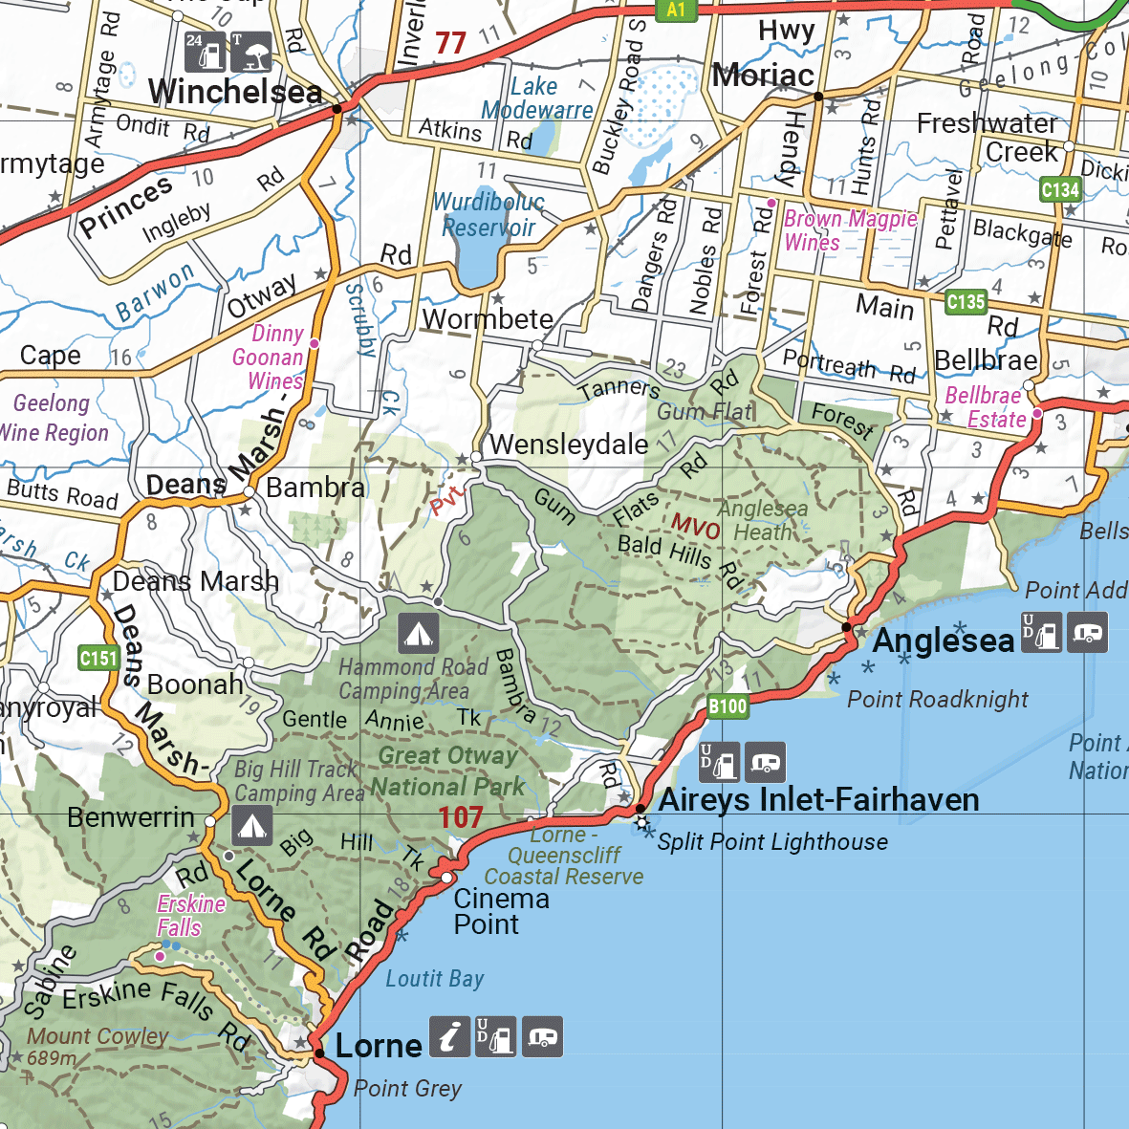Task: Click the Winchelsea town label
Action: pos(235,93)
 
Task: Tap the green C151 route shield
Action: pos(98,658)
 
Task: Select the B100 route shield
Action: pos(727,706)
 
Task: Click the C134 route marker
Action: pos(1060,189)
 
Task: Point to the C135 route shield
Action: pos(966,302)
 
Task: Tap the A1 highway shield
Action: pos(676,10)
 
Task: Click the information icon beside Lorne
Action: pos(449,1037)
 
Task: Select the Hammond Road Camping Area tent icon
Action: pos(418,633)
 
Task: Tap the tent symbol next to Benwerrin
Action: pos(251,826)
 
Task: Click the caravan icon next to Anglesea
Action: pos(1087,633)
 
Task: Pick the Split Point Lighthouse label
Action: pos(772,842)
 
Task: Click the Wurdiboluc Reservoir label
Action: pos(489,214)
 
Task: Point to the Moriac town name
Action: pos(763,75)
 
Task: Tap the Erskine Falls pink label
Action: pos(190,915)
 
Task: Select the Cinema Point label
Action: pos(501,911)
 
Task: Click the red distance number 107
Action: pos(461,817)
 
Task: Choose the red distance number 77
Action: pos(450,43)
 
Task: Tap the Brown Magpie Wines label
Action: pos(849,230)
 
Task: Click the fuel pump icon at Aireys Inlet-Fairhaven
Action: pos(719,762)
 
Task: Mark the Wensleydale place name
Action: pos(569,445)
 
